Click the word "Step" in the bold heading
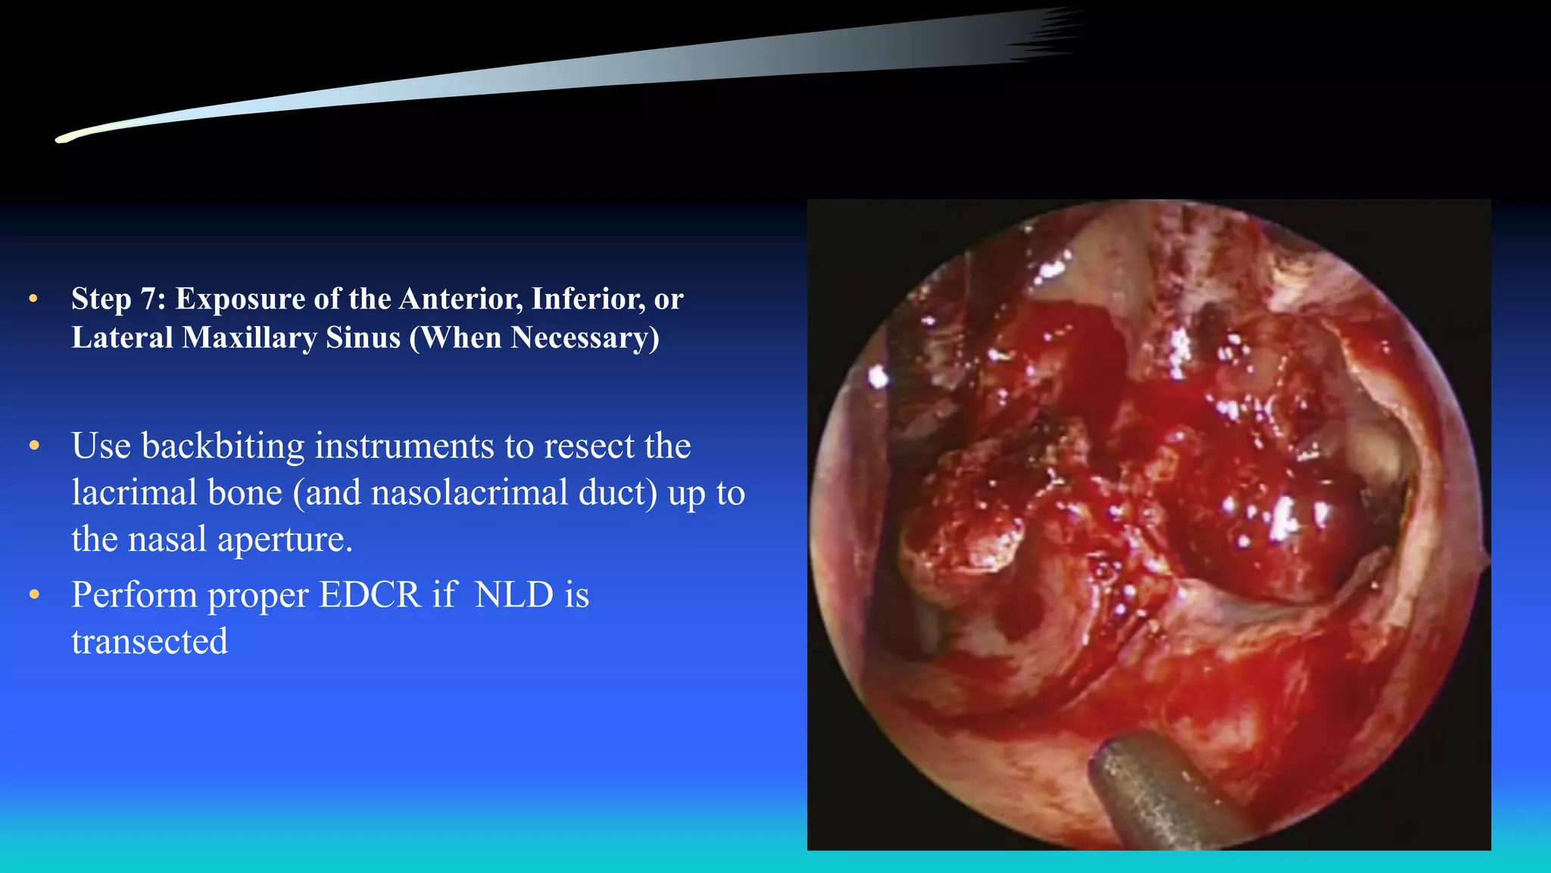click(102, 299)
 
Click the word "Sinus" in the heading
click(363, 338)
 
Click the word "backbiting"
click(223, 446)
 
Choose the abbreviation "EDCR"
click(370, 595)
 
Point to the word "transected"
click(150, 642)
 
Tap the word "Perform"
click(135, 595)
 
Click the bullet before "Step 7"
click(33, 299)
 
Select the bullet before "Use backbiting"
click(34, 446)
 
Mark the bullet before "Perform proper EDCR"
click(34, 595)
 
